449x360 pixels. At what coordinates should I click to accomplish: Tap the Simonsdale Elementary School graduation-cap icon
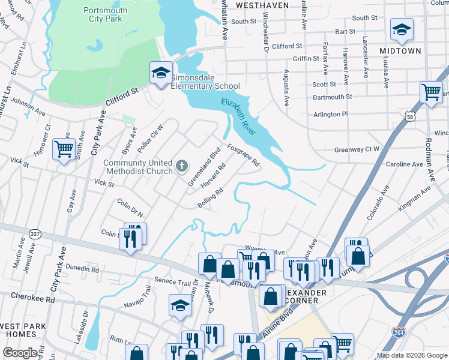tap(161, 73)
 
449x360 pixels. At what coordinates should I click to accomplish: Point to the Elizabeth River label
tap(239, 116)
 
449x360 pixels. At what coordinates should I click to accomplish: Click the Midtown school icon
tap(402, 29)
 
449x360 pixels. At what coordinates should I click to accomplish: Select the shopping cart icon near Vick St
tap(64, 148)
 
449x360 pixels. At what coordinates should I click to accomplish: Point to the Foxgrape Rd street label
tap(243, 155)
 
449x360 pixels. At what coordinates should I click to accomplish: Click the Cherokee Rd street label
tap(35, 298)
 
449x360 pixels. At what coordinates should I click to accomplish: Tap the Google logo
tap(20, 353)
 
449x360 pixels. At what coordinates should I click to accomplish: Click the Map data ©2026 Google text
tap(411, 355)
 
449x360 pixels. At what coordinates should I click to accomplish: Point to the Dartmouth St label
tap(332, 97)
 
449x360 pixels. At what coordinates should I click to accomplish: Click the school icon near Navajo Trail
tap(180, 306)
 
